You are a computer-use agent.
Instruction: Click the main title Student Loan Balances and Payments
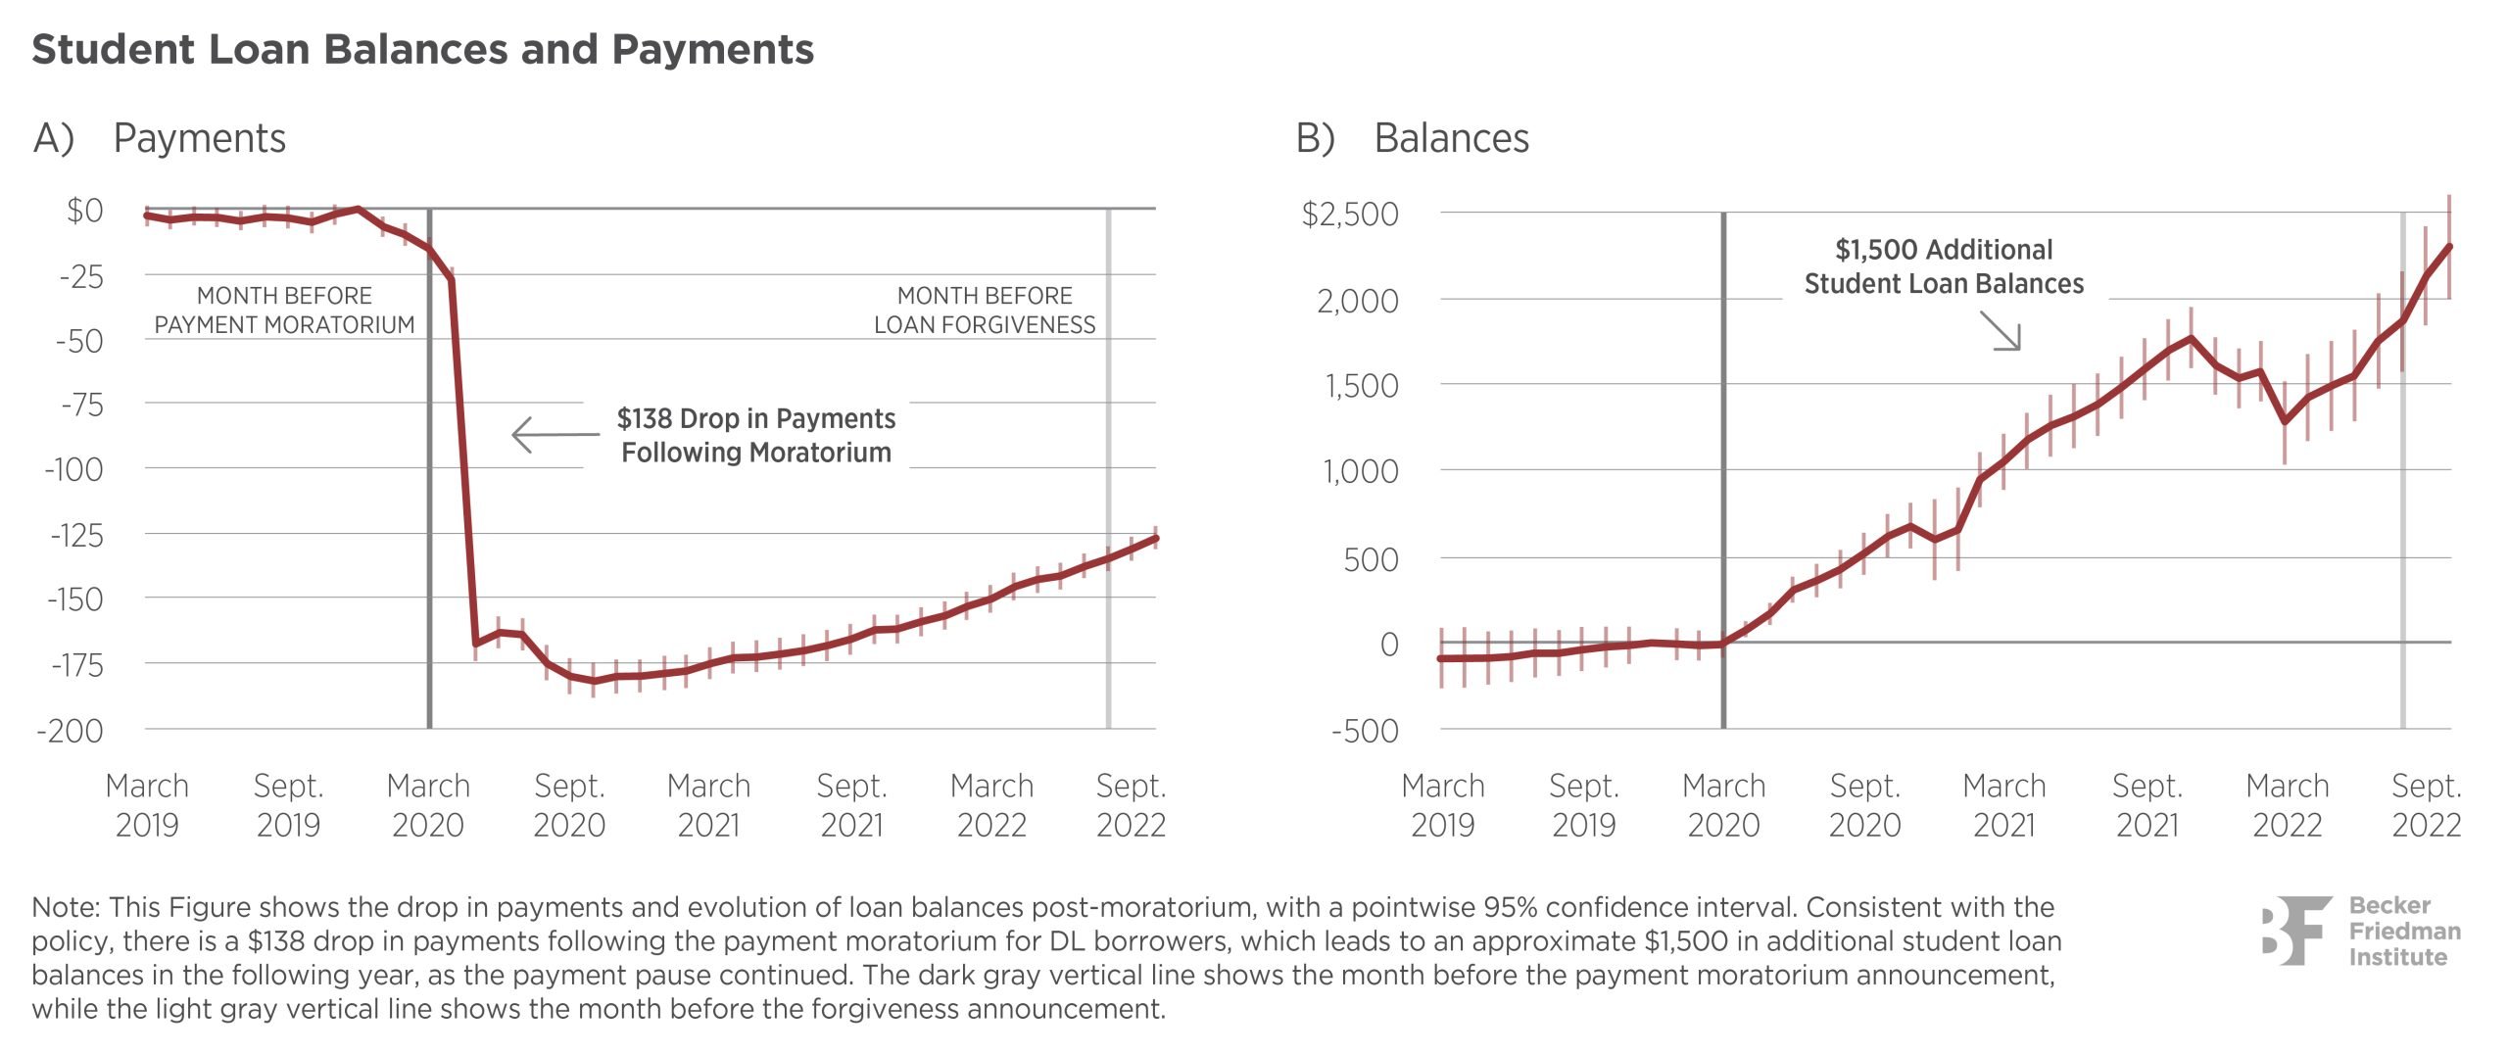point(422,49)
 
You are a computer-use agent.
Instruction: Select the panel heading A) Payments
point(160,138)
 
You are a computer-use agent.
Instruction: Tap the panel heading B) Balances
point(1412,138)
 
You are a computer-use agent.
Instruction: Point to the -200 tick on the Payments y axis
point(71,731)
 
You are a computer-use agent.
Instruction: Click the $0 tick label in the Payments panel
point(85,211)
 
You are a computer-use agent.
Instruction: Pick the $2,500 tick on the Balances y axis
point(1350,214)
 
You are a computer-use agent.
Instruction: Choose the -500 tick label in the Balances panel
point(1365,731)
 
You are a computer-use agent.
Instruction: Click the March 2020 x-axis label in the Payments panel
point(428,805)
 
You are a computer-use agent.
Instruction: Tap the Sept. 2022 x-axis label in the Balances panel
point(2426,805)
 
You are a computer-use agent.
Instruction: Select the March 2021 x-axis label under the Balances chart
point(2004,805)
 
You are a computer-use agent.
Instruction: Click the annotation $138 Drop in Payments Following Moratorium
point(756,435)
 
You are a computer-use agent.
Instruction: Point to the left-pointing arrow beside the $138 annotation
point(554,434)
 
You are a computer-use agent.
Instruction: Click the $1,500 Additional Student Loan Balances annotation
point(1944,266)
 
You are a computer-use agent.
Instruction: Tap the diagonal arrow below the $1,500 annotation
point(2001,330)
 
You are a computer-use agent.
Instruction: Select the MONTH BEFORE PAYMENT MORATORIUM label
point(284,310)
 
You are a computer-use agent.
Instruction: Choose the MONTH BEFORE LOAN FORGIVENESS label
point(985,310)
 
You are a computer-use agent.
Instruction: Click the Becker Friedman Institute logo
point(2361,931)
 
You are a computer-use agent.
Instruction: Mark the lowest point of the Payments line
point(594,681)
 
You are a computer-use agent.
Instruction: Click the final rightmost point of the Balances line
point(2449,247)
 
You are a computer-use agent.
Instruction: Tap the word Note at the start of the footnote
point(66,907)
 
